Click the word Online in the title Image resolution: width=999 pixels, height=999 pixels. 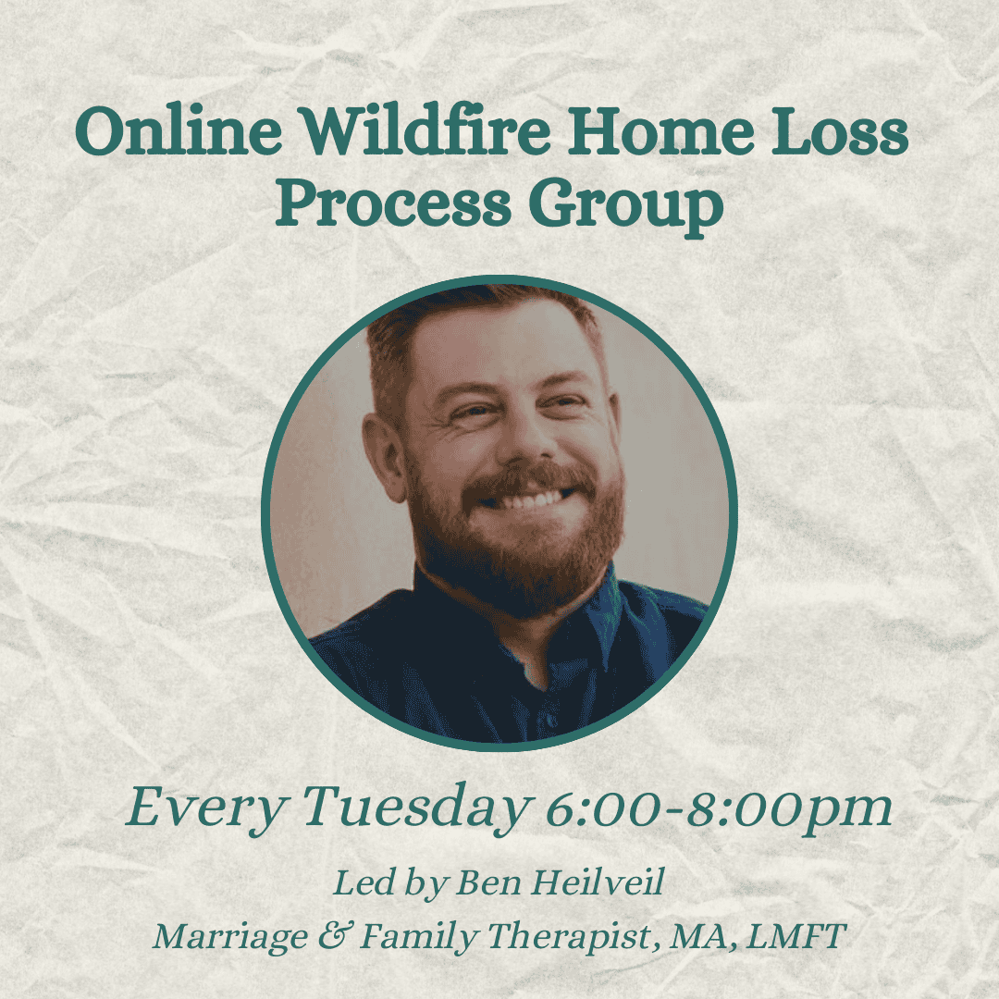[x=179, y=130]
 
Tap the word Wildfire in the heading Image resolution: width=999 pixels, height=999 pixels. [x=425, y=130]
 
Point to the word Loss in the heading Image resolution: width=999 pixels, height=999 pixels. [x=840, y=131]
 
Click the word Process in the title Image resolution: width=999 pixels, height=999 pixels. [x=393, y=203]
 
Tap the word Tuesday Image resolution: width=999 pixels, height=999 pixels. [x=416, y=808]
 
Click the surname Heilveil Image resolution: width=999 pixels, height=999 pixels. [x=598, y=882]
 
